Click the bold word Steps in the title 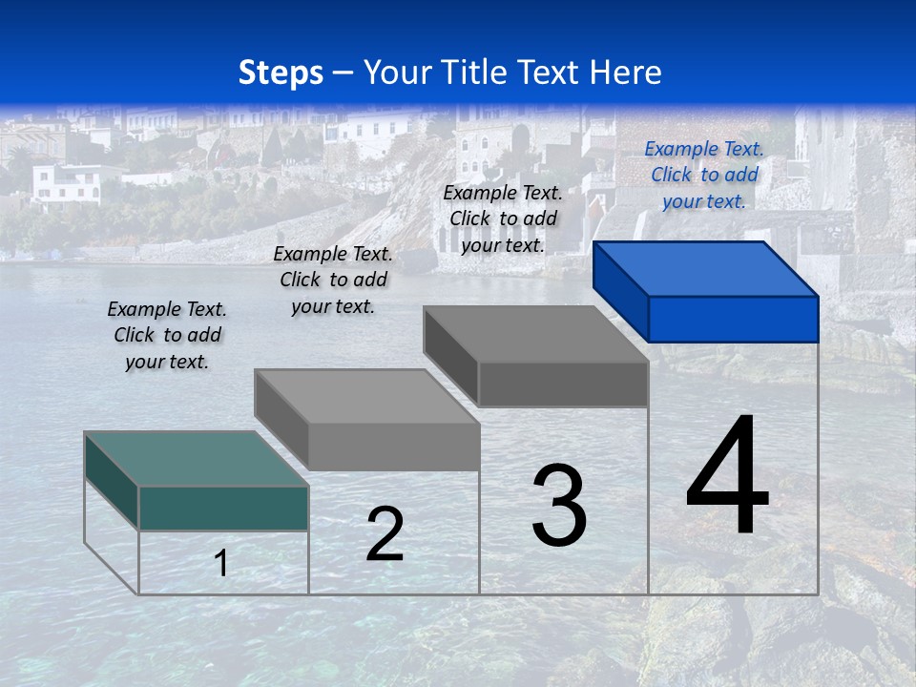coord(281,73)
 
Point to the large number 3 coord(558,505)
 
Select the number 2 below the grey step coord(385,534)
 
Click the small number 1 coord(221,563)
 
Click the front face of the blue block coord(733,319)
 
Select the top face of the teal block coord(197,459)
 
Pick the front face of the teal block coord(223,508)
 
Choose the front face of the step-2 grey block coord(393,447)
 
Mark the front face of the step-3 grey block coord(563,385)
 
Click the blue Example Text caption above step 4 coord(703,175)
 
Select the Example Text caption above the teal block coord(167,335)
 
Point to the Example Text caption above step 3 coord(503,219)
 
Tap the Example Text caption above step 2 coord(333,280)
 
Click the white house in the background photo coord(67,183)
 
